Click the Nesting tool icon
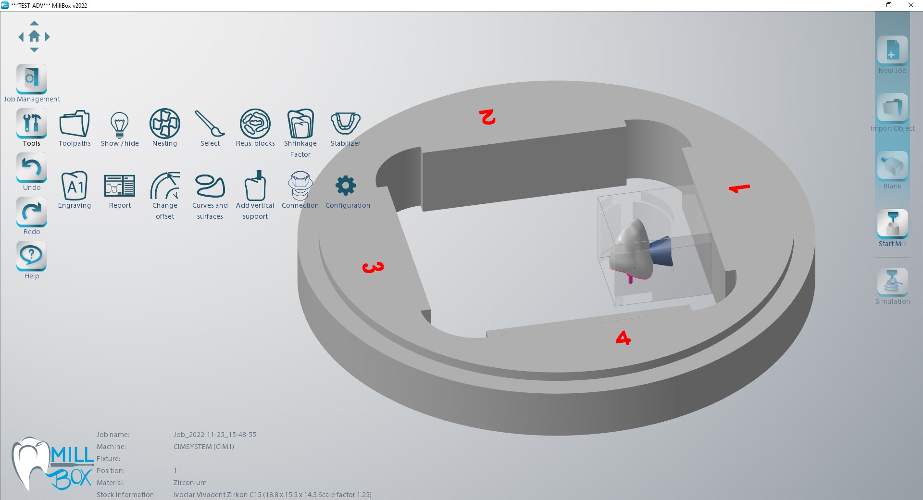[x=164, y=124]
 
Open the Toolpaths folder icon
[x=75, y=124]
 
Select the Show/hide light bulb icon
[x=119, y=124]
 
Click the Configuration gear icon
[x=345, y=186]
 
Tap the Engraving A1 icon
[x=75, y=186]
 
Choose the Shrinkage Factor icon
[x=300, y=124]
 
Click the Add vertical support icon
[x=255, y=186]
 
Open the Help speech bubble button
[x=32, y=255]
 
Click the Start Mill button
[x=892, y=224]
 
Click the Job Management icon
[x=32, y=78]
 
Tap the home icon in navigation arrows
[x=34, y=36]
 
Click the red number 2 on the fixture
[x=487, y=117]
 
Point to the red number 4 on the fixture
[x=623, y=338]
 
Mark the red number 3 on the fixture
[x=373, y=267]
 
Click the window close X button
[x=911, y=5]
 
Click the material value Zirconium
[x=190, y=483]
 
